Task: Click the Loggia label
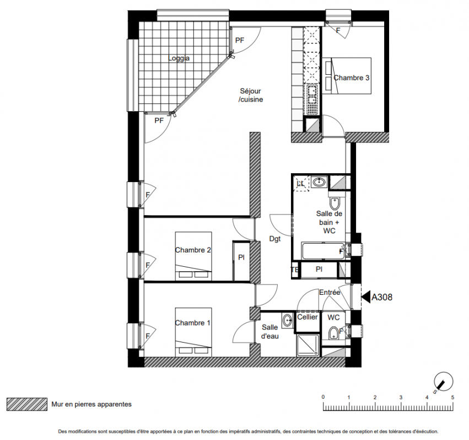click(x=179, y=58)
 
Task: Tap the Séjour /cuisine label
click(x=251, y=95)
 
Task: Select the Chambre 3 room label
click(x=352, y=78)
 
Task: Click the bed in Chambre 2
click(x=193, y=256)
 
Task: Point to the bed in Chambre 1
click(x=193, y=332)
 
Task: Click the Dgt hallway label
click(x=275, y=239)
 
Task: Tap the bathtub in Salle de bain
click(x=324, y=251)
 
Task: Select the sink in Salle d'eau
click(x=288, y=320)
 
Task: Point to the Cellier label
click(x=308, y=317)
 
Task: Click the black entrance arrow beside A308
click(x=365, y=297)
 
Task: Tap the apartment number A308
click(x=382, y=297)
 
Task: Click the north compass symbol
click(x=443, y=382)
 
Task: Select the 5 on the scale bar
click(x=452, y=397)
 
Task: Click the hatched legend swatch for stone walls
click(x=27, y=404)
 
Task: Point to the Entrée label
click(x=330, y=293)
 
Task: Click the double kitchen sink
click(x=312, y=94)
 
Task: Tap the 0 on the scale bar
click(x=323, y=397)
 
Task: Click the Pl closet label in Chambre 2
click(x=241, y=257)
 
